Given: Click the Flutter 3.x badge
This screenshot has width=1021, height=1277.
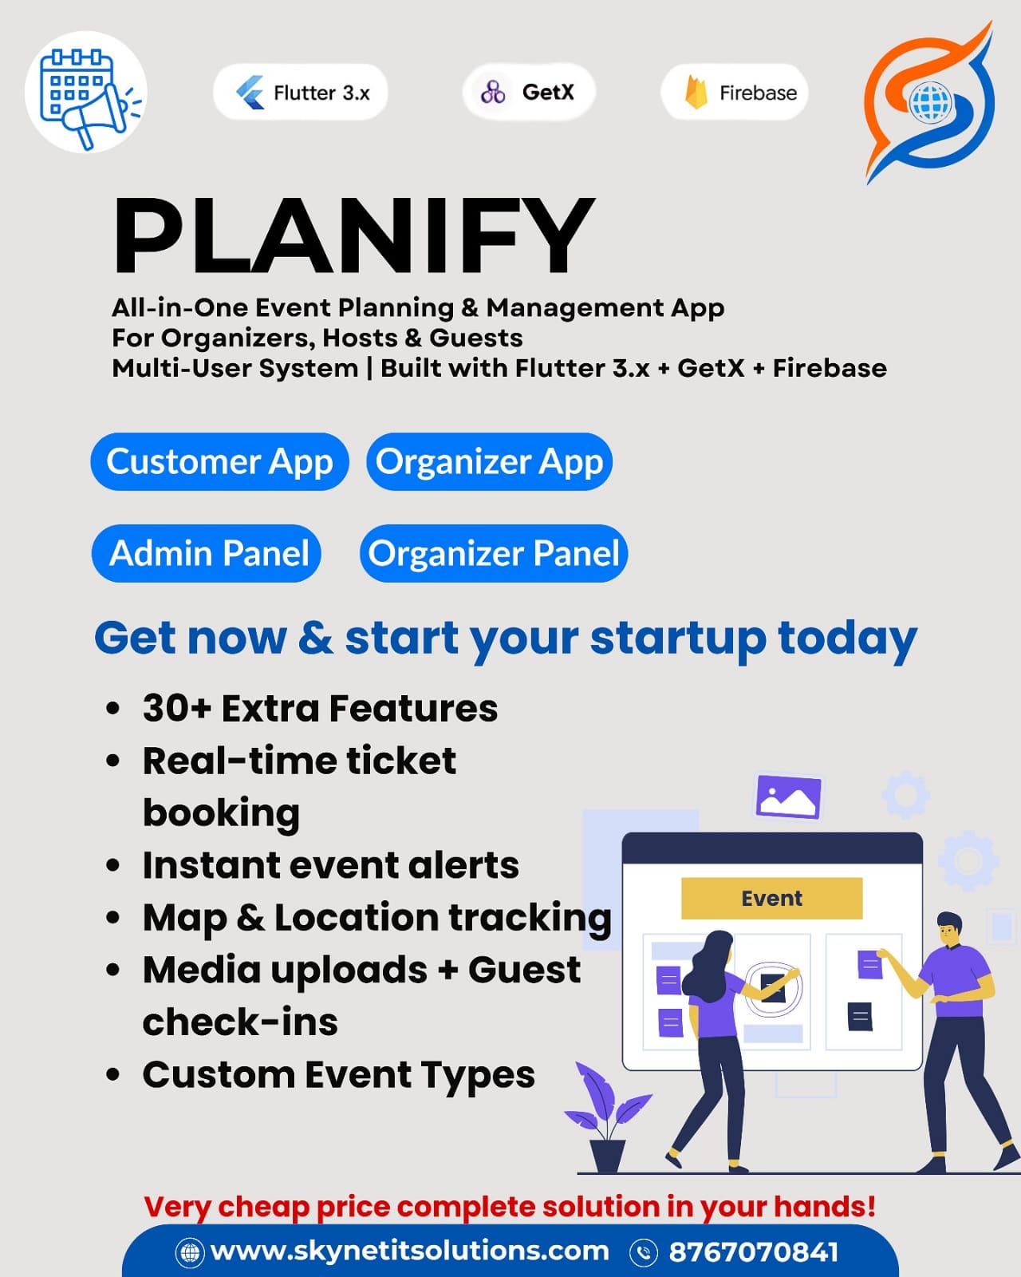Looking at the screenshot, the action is [300, 92].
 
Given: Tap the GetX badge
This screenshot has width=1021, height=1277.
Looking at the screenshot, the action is [528, 92].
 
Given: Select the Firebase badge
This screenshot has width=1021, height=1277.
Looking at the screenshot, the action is [735, 92].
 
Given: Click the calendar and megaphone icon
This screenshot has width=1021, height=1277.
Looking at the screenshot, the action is [86, 93].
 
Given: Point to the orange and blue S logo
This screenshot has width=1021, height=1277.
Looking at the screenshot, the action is [929, 102].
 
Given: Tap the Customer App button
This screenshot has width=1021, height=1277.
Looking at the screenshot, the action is [219, 461].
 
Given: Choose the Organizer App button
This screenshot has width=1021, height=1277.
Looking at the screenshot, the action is [489, 461].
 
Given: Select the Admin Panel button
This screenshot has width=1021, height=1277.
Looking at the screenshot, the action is [207, 553].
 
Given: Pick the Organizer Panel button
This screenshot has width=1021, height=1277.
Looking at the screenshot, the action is [494, 553].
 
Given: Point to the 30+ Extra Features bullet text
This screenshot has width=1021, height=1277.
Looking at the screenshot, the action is [321, 709].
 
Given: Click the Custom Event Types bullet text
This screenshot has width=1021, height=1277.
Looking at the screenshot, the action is [339, 1075].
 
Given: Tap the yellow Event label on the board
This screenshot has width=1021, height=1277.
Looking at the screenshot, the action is [771, 899].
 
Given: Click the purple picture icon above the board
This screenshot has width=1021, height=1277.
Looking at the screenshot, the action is [788, 797].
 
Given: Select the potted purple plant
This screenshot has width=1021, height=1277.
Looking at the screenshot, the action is [608, 1117].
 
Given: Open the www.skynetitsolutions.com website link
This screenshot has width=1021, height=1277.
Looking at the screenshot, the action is [410, 1251].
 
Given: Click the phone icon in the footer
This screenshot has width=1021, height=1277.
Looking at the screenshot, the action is [644, 1253].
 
